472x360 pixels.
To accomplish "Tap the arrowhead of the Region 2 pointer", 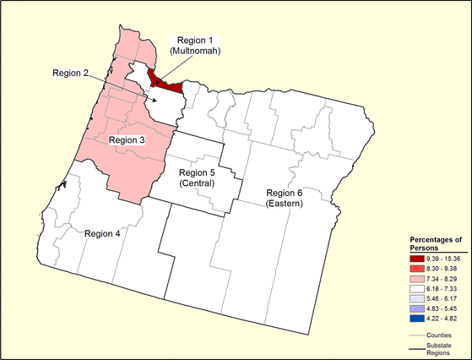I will click(x=154, y=99).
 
